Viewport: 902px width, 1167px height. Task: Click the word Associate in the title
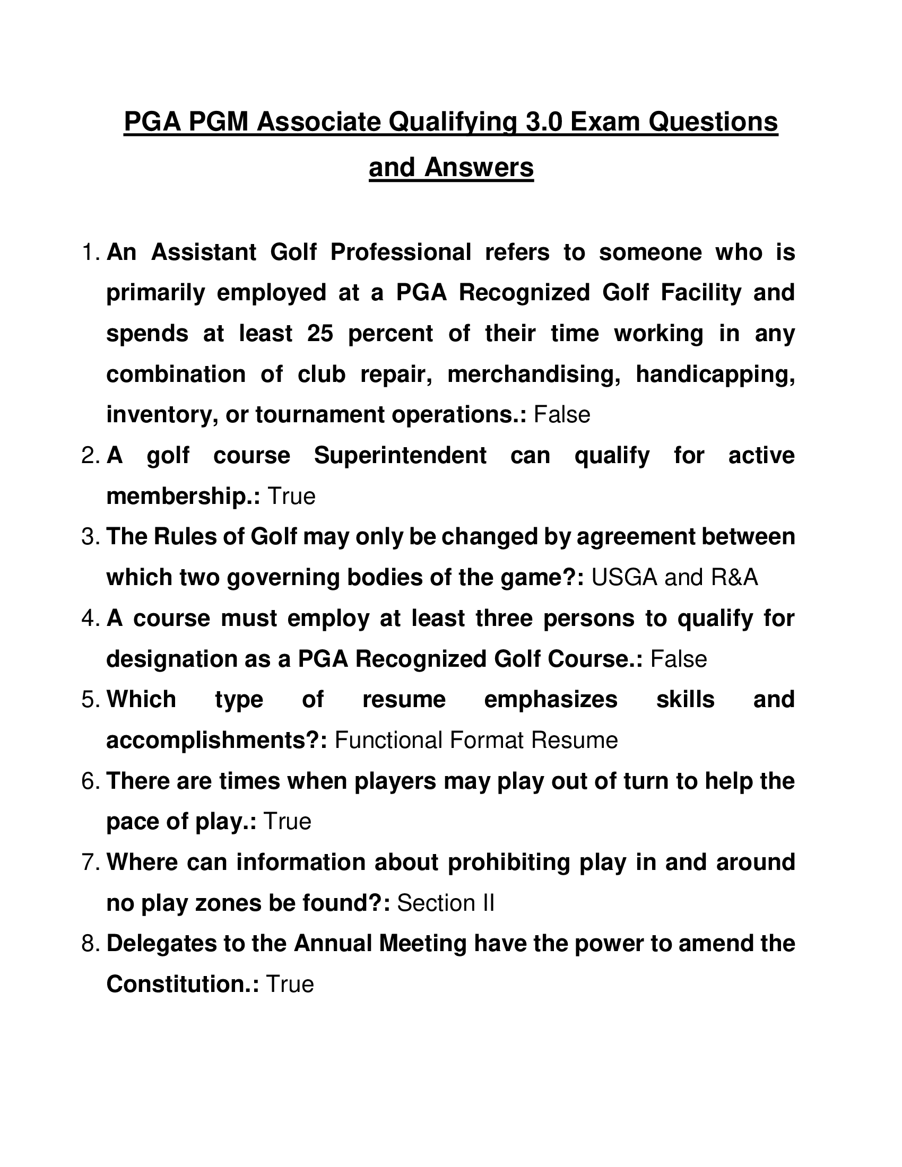[x=318, y=122]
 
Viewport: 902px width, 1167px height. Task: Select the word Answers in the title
[x=479, y=168]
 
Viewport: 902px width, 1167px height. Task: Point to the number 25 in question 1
[x=320, y=334]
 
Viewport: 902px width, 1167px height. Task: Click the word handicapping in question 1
[x=715, y=374]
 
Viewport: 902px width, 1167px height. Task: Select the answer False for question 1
[x=561, y=415]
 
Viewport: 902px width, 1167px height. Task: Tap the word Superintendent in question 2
[x=400, y=455]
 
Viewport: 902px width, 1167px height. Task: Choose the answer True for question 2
[x=291, y=497]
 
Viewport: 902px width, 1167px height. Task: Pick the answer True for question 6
[x=287, y=822]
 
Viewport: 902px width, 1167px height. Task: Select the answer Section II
[x=446, y=903]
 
